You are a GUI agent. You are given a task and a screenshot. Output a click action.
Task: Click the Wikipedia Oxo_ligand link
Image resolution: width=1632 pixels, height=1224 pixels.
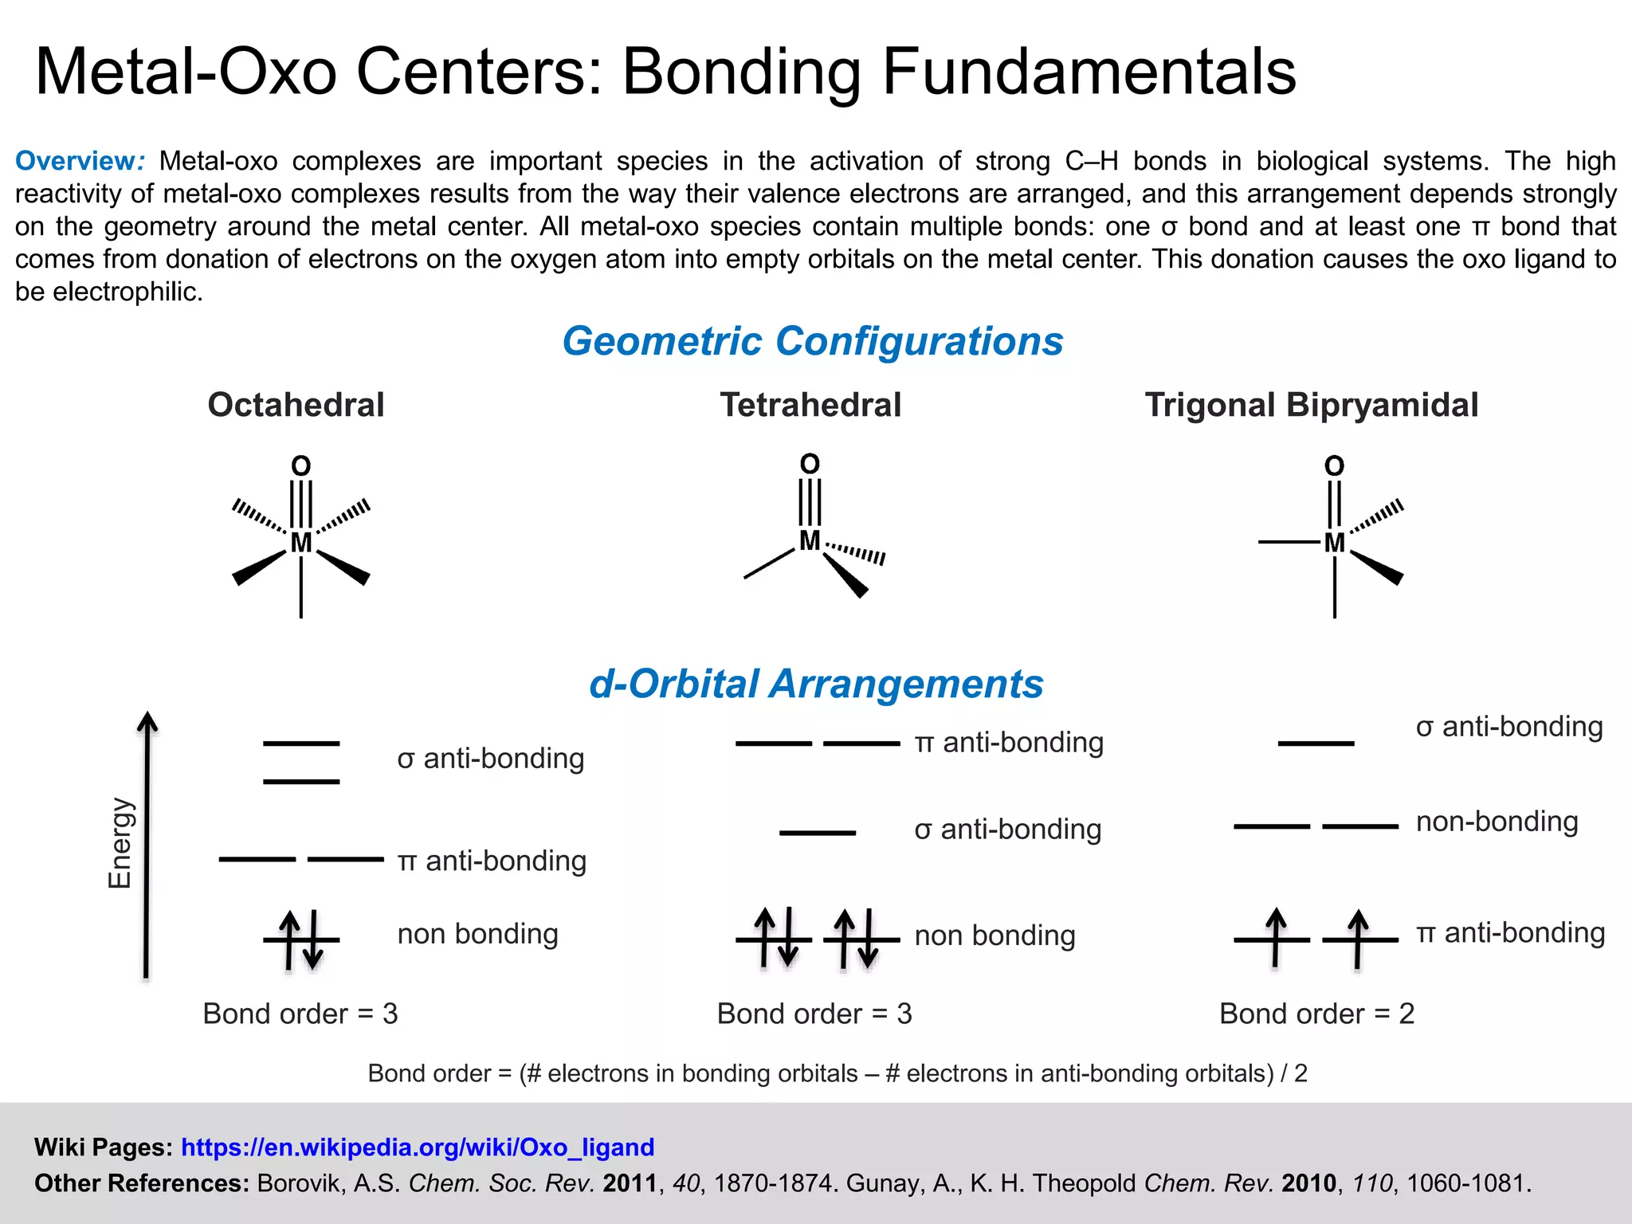[418, 1147]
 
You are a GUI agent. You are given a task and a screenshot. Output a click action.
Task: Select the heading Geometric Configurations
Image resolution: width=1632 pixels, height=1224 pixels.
[812, 341]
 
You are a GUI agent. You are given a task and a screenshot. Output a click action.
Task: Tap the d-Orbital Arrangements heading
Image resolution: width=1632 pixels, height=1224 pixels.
[815, 684]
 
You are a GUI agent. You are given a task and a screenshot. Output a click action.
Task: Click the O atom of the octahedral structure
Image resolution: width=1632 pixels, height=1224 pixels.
[300, 466]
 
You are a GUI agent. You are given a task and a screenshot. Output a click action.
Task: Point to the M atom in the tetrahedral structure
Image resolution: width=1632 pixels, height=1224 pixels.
[810, 540]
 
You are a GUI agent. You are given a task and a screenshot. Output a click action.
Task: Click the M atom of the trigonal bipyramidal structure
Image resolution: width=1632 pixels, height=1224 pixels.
[1334, 543]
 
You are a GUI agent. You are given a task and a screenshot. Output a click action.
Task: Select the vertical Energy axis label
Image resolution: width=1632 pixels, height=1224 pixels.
[120, 842]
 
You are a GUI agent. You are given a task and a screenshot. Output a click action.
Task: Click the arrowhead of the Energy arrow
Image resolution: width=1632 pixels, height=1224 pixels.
[147, 721]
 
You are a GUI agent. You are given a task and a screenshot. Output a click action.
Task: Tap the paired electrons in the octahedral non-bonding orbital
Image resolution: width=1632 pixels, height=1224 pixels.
[301, 940]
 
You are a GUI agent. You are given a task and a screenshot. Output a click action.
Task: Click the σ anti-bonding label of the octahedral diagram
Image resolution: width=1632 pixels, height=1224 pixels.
[490, 758]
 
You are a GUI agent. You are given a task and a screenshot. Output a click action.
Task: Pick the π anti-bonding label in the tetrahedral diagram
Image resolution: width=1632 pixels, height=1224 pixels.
[1009, 742]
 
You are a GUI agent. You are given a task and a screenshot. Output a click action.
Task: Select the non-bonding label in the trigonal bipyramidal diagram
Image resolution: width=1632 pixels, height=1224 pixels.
[1497, 821]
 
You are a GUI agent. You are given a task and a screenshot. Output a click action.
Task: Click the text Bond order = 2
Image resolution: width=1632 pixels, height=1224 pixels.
[1316, 1014]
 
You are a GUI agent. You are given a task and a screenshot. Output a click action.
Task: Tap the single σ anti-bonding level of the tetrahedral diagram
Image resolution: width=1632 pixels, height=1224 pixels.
[817, 833]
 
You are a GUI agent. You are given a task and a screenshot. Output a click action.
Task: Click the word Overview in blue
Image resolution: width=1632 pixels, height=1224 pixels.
[76, 161]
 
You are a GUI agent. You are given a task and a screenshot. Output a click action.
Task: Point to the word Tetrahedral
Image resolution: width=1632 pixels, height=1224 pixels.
[810, 405]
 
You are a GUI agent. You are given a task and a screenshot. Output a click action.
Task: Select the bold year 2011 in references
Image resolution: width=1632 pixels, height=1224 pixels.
[630, 1183]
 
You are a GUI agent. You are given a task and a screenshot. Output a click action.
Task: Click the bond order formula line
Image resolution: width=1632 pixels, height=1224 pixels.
[837, 1073]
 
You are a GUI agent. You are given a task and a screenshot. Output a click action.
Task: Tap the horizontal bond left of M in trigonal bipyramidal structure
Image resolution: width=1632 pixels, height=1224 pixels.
[1289, 543]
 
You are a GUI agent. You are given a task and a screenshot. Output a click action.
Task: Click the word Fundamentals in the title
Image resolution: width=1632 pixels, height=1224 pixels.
[1089, 72]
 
